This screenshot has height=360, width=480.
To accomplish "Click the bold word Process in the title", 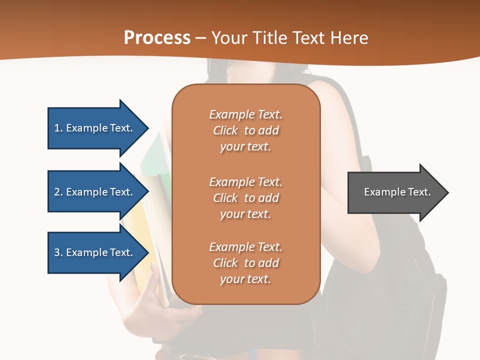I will tap(157, 38).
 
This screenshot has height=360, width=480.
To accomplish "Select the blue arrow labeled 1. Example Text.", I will tap(95, 128).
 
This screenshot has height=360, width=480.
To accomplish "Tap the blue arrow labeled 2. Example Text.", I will tap(95, 192).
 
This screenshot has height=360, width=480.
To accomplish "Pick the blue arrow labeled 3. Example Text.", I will tap(95, 252).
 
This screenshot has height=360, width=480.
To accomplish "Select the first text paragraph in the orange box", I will tap(245, 130).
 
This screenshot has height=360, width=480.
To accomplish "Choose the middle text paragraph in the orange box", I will tap(245, 197).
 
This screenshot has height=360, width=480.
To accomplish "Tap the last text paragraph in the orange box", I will tap(245, 263).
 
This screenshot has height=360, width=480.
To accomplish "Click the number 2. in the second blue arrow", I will tap(58, 192).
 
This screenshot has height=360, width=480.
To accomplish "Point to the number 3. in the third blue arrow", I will tap(58, 252).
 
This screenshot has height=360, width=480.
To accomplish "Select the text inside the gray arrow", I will tap(397, 192).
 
